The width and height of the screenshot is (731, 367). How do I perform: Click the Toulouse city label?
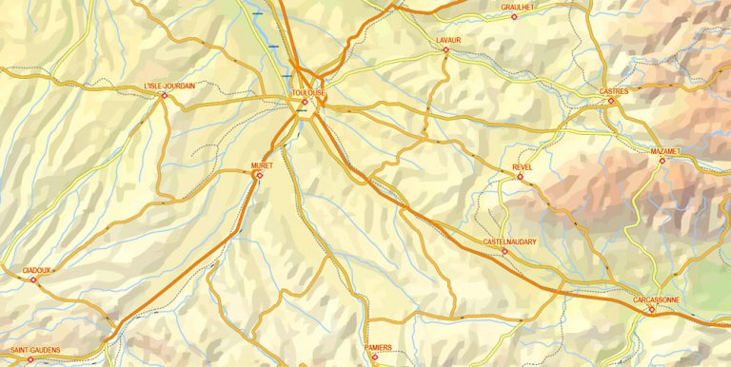[308, 92]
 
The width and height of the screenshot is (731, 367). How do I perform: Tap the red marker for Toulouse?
[305, 102]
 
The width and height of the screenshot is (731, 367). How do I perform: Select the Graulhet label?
[519, 7]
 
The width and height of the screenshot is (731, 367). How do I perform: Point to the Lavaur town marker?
[445, 49]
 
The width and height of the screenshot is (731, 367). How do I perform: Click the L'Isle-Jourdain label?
[168, 86]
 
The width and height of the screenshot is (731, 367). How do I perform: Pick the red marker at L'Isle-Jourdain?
[164, 95]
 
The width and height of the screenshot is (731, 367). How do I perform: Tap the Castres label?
[614, 91]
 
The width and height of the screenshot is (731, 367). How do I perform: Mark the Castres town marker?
[611, 100]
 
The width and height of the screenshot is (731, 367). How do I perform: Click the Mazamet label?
[665, 151]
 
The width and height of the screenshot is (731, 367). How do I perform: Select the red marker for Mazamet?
[662, 160]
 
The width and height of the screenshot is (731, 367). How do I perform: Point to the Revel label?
[522, 166]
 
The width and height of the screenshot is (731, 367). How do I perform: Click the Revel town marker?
[519, 175]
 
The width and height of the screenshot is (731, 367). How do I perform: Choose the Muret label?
[261, 165]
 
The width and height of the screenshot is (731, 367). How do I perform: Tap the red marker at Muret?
[258, 174]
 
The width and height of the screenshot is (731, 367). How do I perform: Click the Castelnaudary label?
[510, 242]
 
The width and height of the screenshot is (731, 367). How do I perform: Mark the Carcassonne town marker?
[652, 309]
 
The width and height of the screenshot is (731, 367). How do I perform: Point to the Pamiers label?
[378, 348]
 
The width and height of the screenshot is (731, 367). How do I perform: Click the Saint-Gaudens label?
[29, 350]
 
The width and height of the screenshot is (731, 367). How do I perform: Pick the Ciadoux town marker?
[33, 280]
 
